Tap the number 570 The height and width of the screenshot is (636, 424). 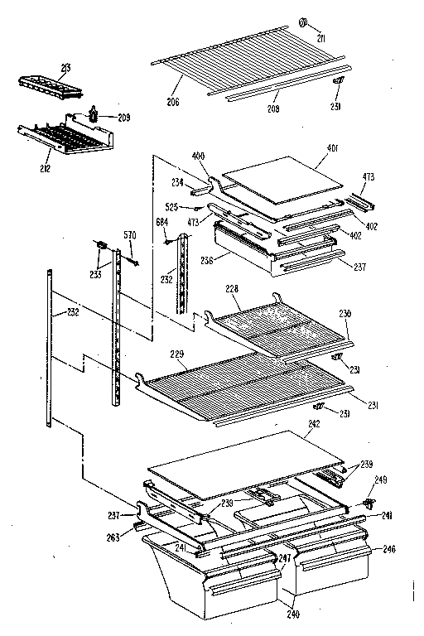tap(129, 235)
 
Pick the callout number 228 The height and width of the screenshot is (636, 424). tap(232, 287)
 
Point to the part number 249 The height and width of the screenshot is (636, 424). tap(380, 479)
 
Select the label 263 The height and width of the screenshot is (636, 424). tap(112, 537)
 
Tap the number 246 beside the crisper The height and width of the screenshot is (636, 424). tap(388, 547)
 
